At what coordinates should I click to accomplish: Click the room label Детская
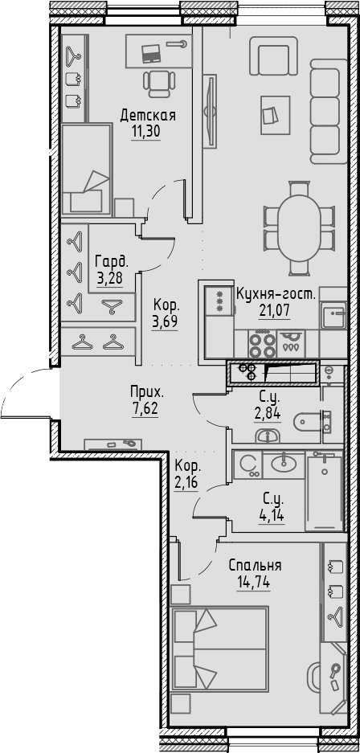(x=148, y=116)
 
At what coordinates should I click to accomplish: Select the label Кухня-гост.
(x=276, y=295)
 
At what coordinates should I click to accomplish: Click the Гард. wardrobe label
(x=111, y=261)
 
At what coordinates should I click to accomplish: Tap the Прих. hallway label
(x=147, y=392)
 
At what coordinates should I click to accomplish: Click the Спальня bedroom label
(x=254, y=566)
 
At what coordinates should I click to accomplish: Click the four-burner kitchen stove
(x=260, y=345)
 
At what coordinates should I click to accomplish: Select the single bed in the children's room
(x=85, y=170)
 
